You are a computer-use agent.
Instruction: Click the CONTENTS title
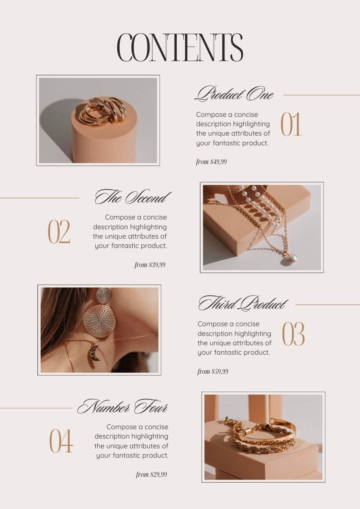pyautogui.click(x=180, y=47)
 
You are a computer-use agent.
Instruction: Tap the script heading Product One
pyautogui.click(x=234, y=94)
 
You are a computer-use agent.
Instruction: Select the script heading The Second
pyautogui.click(x=133, y=197)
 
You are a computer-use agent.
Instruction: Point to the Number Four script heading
pyautogui.click(x=123, y=407)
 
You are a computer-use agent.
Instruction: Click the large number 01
pyautogui.click(x=291, y=124)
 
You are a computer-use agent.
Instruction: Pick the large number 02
pyautogui.click(x=59, y=232)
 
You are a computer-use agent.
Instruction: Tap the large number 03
pyautogui.click(x=293, y=334)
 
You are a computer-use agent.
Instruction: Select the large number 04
pyautogui.click(x=61, y=441)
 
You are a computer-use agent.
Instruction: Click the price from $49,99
pyautogui.click(x=211, y=162)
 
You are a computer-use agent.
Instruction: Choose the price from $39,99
pyautogui.click(x=150, y=265)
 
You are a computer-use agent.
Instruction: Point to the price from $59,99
pyautogui.click(x=213, y=371)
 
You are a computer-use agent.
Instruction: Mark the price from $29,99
pyautogui.click(x=151, y=474)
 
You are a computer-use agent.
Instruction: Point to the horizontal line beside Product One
pyautogui.click(x=322, y=95)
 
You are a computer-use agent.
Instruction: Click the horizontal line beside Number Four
pyautogui.click(x=36, y=408)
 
